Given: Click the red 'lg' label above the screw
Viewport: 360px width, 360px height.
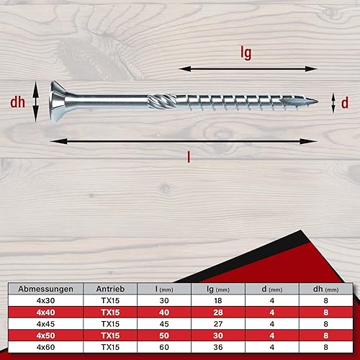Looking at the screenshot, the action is point(246,53).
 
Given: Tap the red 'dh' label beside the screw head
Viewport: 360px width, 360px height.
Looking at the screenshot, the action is point(17,102).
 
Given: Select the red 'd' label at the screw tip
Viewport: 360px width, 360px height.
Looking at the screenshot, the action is point(345,103).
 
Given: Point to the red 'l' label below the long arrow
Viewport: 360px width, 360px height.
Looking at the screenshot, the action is point(189,158).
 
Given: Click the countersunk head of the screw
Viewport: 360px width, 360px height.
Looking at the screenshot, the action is point(58,102).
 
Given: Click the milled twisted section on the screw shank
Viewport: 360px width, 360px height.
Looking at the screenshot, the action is point(162,102).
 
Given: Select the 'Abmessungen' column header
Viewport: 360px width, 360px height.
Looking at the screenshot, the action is point(45,289).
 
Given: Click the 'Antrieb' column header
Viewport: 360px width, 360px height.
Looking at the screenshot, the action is point(110,289).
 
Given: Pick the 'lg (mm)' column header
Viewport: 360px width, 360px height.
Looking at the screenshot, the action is point(218,289).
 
